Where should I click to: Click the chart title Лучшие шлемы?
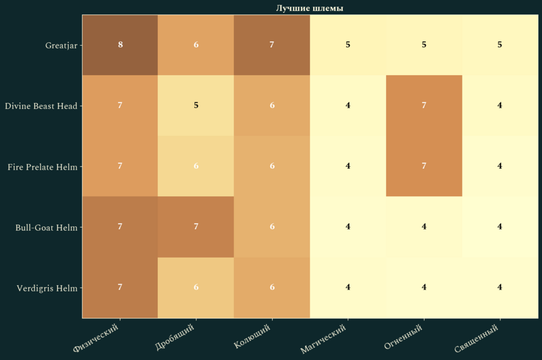click(x=310, y=8)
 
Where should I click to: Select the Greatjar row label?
click(x=61, y=45)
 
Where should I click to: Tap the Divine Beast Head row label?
click(x=41, y=106)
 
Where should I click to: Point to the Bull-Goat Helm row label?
click(x=46, y=228)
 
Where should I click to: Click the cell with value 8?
click(x=120, y=45)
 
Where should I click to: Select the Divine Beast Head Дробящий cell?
click(x=196, y=105)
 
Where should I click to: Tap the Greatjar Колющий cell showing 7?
click(x=272, y=45)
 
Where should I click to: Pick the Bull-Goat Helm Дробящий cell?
click(x=196, y=227)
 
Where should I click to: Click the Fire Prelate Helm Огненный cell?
click(x=424, y=166)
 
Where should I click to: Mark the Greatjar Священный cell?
click(x=500, y=45)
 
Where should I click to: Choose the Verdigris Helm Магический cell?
click(x=348, y=287)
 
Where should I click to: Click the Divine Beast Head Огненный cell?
click(x=424, y=105)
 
